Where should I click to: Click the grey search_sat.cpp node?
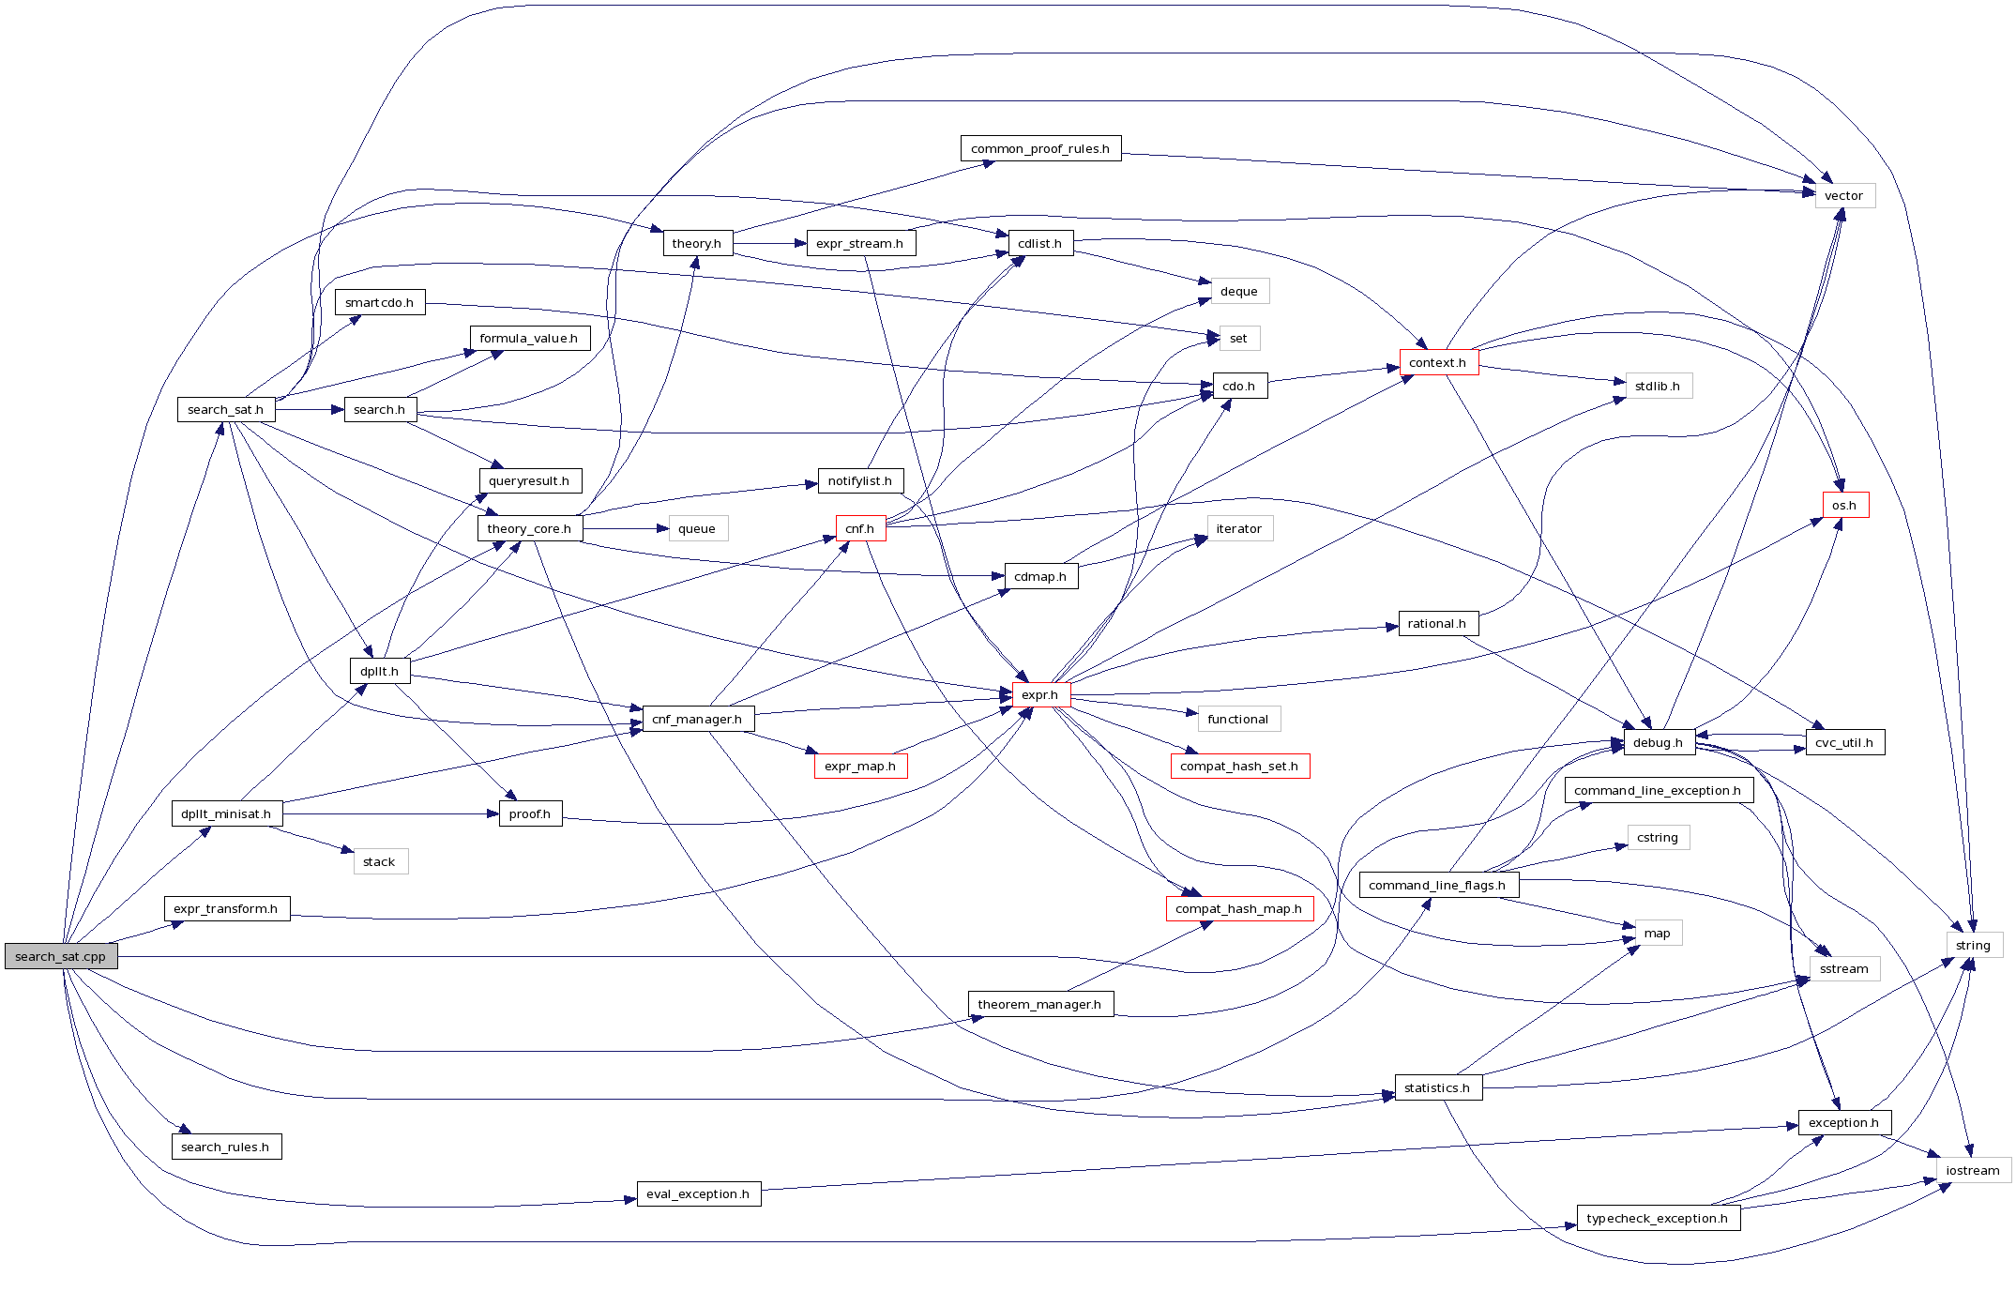(x=61, y=956)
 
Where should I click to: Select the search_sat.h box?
(x=225, y=409)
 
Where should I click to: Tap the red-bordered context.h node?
(x=1438, y=362)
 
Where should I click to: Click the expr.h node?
(x=1039, y=694)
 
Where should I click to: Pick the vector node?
(x=1843, y=195)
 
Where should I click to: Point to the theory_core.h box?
(x=529, y=528)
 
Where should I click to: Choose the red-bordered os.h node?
(x=1844, y=505)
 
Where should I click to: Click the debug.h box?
(x=1658, y=742)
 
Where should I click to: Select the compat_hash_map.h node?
(x=1238, y=908)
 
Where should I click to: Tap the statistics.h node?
(x=1437, y=1087)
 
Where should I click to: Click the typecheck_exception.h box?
(x=1658, y=1218)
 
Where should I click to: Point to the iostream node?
(x=1973, y=1170)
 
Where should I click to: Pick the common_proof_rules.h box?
(x=1039, y=148)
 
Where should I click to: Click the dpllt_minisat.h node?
(x=226, y=813)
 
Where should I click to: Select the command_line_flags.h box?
(x=1437, y=885)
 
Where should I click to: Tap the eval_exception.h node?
(x=698, y=1193)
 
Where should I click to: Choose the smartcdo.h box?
(x=379, y=302)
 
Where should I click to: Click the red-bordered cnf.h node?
(x=859, y=528)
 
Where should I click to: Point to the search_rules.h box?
(x=225, y=1147)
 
